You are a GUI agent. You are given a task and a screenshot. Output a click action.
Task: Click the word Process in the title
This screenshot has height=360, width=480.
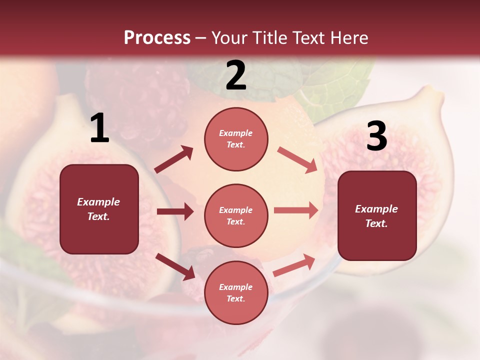[x=157, y=37]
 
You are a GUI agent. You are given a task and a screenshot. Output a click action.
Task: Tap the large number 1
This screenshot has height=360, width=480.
[x=99, y=128]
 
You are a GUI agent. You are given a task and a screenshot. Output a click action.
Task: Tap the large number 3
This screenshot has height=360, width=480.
[x=376, y=136]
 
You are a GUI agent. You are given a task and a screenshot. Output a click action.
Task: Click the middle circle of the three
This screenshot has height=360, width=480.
[x=236, y=215]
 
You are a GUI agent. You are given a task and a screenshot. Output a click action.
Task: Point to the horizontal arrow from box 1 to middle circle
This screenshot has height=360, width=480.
[x=175, y=211]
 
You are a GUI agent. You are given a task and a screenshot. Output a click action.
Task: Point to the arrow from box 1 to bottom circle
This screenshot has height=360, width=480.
[x=175, y=266]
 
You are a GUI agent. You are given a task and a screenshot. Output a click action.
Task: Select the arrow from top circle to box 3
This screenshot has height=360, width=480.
[x=297, y=160]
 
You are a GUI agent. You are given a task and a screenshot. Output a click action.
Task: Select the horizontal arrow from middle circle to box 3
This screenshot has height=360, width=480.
[x=295, y=210]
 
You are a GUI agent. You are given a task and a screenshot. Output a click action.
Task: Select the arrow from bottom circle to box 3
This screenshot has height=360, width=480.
[x=294, y=265]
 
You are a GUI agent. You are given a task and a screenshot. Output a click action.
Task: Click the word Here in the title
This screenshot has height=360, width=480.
[x=348, y=37]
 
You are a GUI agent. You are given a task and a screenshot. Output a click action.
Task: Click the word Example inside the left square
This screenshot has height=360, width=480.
[x=98, y=202]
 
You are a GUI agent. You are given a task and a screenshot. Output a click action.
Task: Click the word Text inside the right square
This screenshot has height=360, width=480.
[x=376, y=223]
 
